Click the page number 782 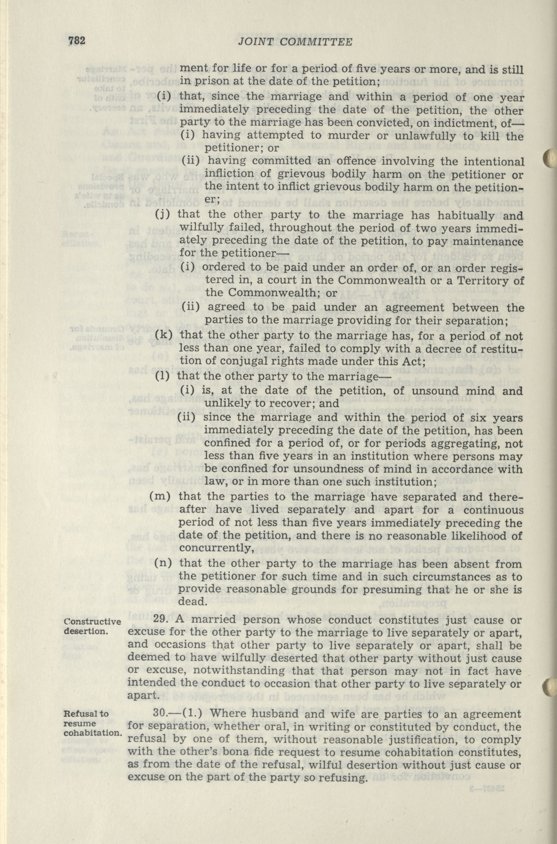click(77, 41)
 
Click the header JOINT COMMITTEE click(294, 42)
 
